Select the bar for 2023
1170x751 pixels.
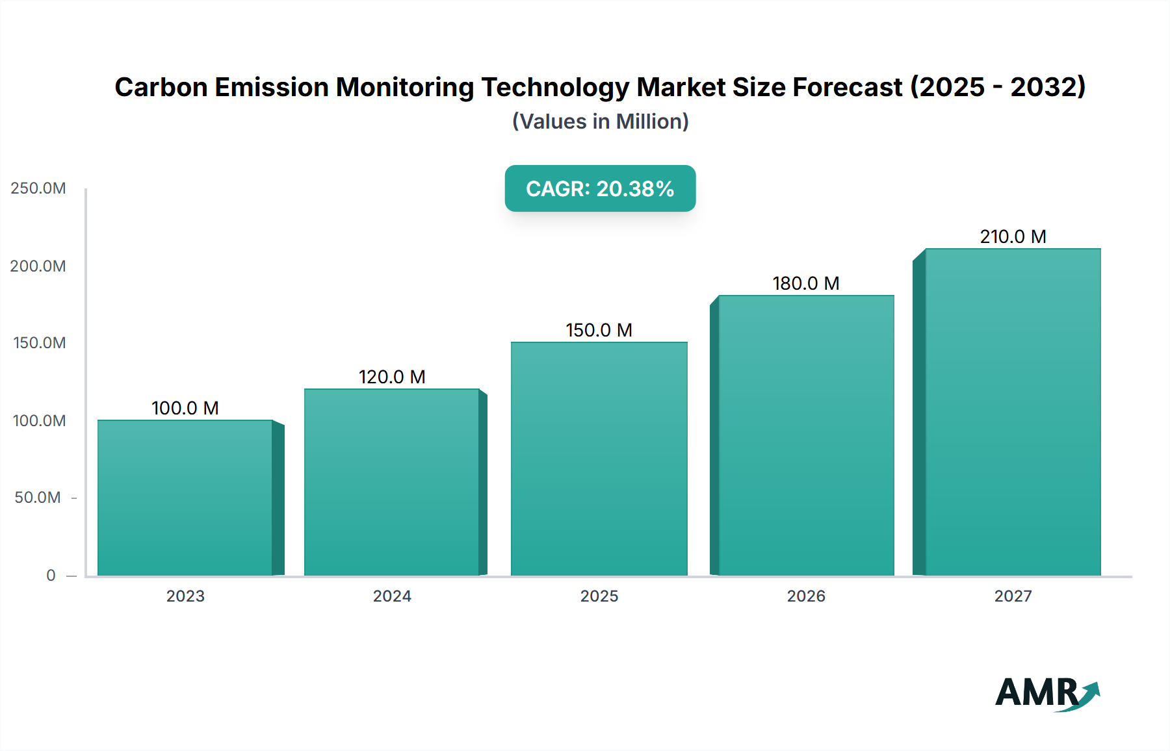pyautogui.click(x=185, y=498)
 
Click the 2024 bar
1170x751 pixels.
pyautogui.click(x=392, y=482)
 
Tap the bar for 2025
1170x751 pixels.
pyautogui.click(x=599, y=459)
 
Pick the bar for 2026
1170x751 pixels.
pyautogui.click(x=806, y=435)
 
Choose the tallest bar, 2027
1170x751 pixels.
pyautogui.click(x=1013, y=412)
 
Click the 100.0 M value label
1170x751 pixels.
pyautogui.click(x=185, y=408)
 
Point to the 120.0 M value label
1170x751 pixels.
pyautogui.click(x=392, y=377)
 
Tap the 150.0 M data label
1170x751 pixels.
pyautogui.click(x=599, y=330)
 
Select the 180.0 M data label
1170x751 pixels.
pyautogui.click(x=806, y=283)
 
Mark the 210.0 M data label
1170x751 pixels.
pyautogui.click(x=1013, y=236)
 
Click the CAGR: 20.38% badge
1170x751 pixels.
pyautogui.click(x=600, y=188)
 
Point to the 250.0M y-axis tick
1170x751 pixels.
pyautogui.click(x=38, y=188)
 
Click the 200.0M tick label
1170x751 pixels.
pyautogui.click(x=38, y=266)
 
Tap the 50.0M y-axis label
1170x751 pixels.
pyautogui.click(x=38, y=498)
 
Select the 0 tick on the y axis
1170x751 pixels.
pyautogui.click(x=51, y=575)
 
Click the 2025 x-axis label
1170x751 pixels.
pyautogui.click(x=599, y=596)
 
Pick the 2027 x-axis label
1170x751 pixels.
pyautogui.click(x=1013, y=596)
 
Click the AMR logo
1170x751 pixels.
pyautogui.click(x=1046, y=693)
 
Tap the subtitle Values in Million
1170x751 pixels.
pyautogui.click(x=600, y=121)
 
